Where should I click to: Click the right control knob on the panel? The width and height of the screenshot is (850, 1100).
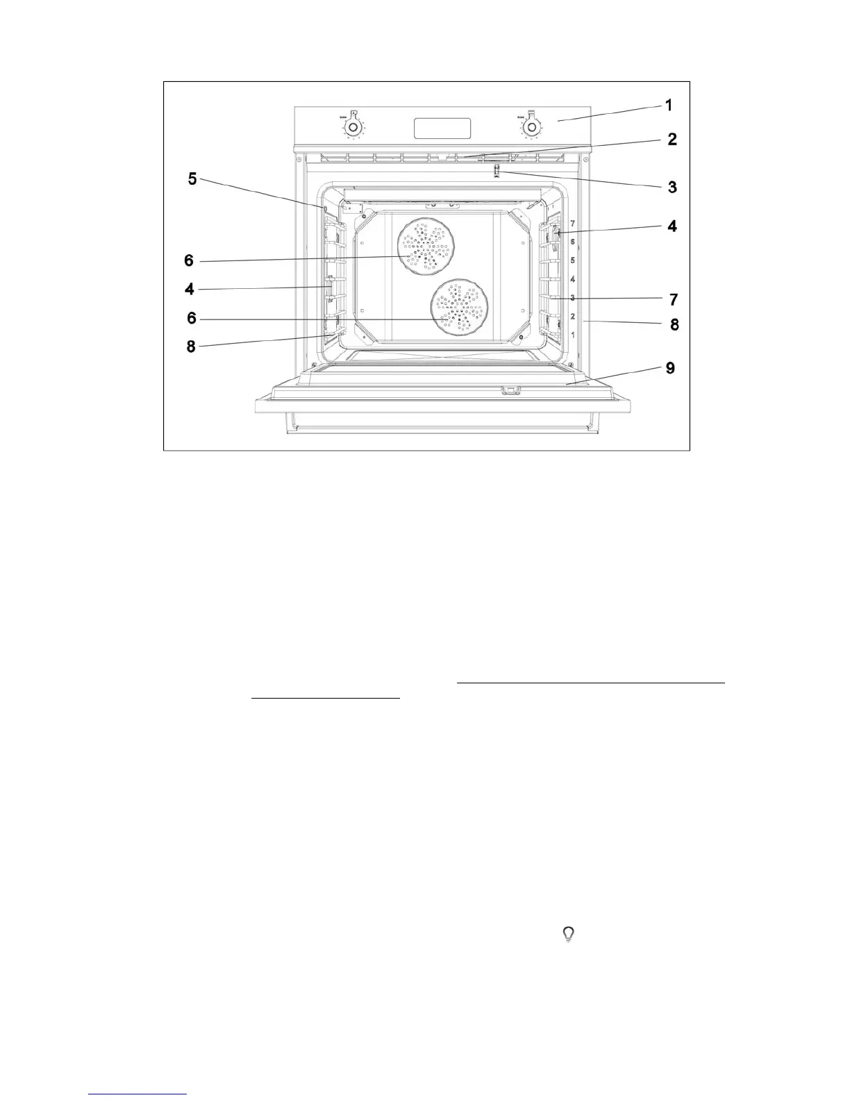[532, 127]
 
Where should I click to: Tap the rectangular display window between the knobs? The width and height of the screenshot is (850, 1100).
[442, 128]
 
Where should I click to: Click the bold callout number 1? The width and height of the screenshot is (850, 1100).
[668, 106]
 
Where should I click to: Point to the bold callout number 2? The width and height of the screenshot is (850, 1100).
[672, 140]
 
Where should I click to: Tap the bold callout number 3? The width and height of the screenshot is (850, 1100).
[672, 187]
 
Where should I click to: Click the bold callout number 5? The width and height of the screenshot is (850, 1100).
[192, 180]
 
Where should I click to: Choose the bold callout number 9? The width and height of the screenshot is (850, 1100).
[670, 368]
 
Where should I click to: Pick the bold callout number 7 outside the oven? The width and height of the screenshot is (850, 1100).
[673, 300]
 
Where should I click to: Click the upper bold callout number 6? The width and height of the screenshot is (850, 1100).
[189, 260]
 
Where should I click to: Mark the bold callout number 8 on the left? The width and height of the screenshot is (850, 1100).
[190, 346]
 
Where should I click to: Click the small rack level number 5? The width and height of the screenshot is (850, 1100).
[572, 260]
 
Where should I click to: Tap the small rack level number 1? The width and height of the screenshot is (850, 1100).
[572, 335]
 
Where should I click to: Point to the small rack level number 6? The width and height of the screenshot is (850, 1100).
[572, 242]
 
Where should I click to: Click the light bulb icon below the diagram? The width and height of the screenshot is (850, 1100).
[569, 935]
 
